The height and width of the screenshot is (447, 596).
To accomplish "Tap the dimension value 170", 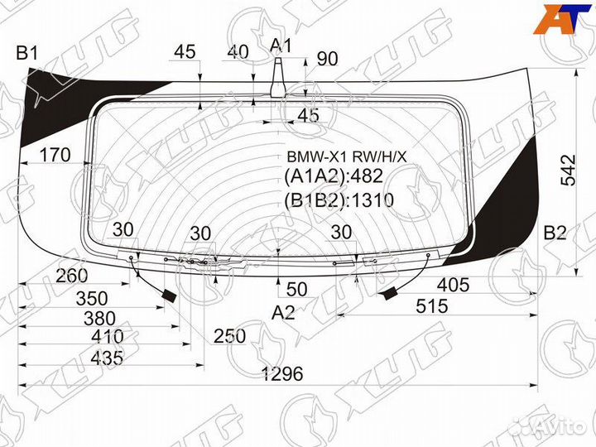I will click(x=55, y=155).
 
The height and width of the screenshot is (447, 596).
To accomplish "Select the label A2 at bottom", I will click(x=283, y=313).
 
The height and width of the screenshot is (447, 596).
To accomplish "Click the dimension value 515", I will click(x=431, y=306).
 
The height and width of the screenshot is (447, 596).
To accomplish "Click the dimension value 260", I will click(x=74, y=276).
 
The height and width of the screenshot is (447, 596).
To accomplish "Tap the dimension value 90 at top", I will click(x=328, y=59).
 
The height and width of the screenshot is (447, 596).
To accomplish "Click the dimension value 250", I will click(x=228, y=336).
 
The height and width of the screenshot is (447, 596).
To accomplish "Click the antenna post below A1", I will click(x=279, y=79).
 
